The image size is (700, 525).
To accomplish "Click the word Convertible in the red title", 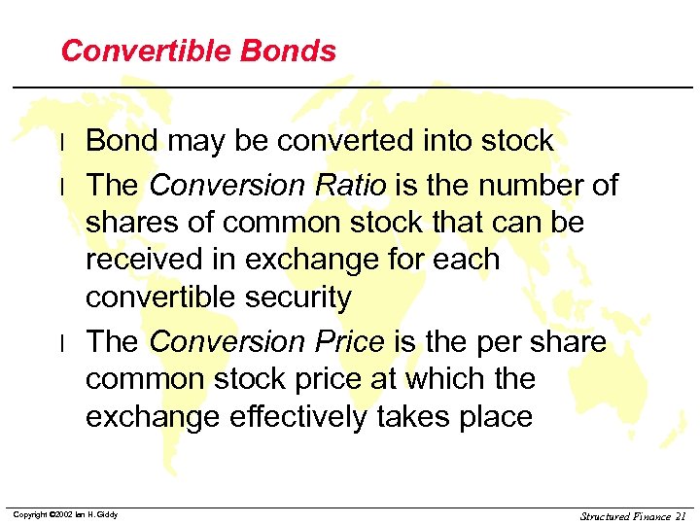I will coord(146,52).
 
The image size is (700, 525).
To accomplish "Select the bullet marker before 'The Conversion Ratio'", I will coord(62,185).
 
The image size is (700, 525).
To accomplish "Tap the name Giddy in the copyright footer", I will coord(105,514).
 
